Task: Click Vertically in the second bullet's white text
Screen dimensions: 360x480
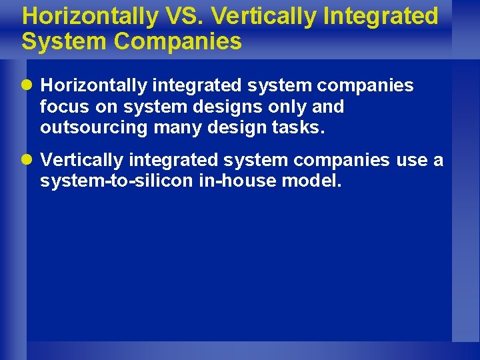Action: [x=82, y=161]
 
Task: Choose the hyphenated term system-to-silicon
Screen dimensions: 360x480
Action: [x=114, y=181]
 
